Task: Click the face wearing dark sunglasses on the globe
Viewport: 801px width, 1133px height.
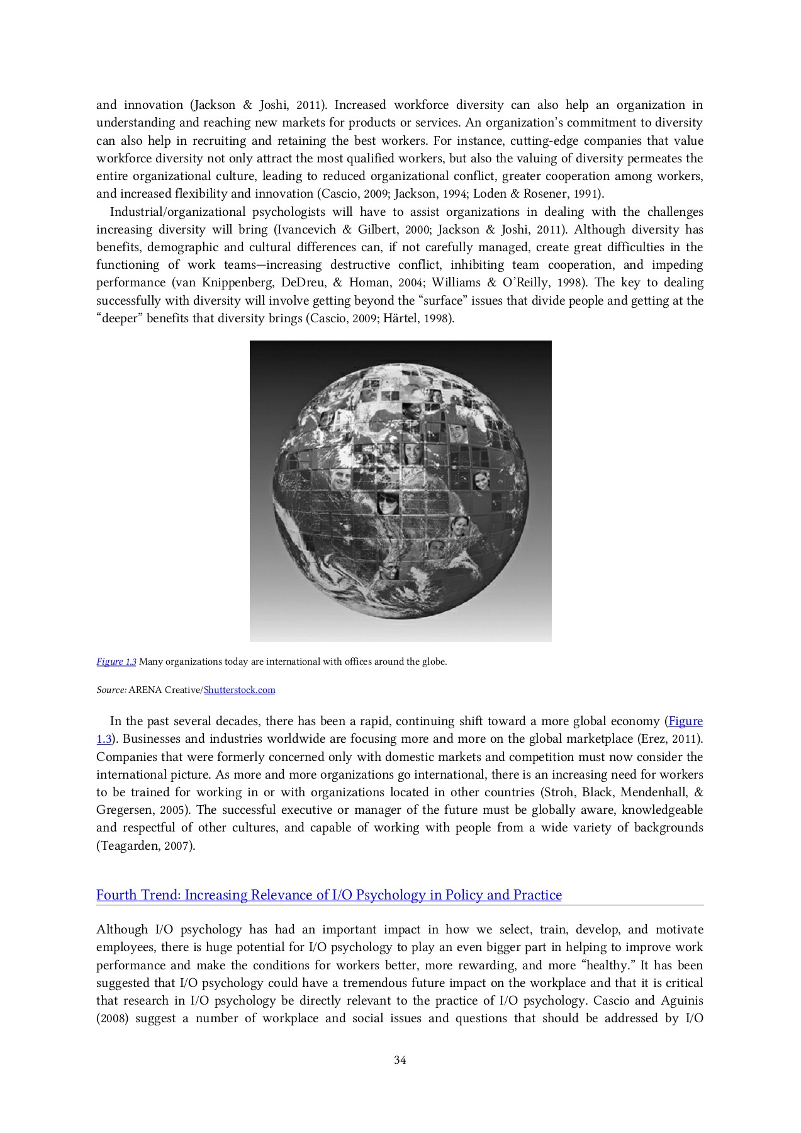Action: pos(387,503)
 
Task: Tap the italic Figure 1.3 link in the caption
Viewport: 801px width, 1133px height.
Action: pos(116,662)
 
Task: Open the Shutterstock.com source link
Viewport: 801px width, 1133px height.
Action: pos(240,690)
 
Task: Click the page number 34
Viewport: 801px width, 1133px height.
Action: pos(400,1060)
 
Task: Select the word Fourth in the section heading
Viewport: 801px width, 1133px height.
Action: pos(116,895)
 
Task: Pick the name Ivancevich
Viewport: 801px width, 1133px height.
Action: pos(305,230)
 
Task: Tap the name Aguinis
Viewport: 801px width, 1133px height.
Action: pos(682,1001)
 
